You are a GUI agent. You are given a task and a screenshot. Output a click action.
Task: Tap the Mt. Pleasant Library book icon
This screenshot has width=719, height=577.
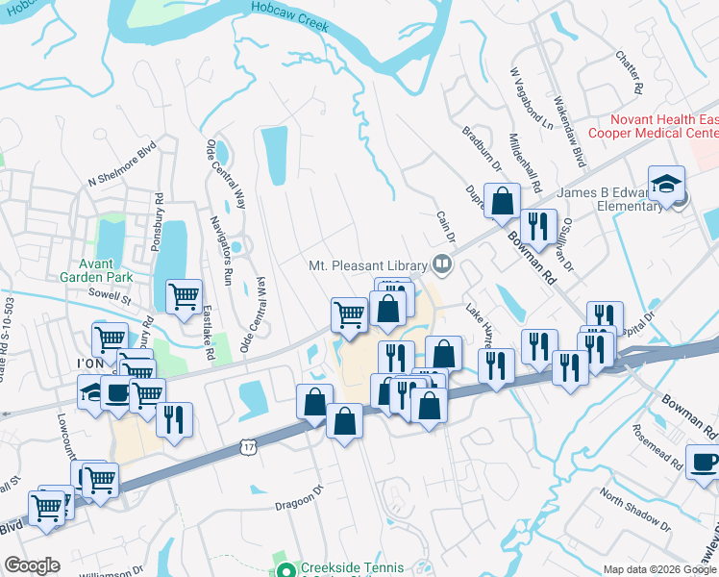(442, 262)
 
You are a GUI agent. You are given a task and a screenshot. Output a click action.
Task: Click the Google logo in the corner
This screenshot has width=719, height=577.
(32, 565)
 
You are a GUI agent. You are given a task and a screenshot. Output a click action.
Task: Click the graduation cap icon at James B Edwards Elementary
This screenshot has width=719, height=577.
(665, 184)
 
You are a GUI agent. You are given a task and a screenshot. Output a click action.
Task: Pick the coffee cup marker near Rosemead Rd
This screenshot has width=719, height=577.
(703, 460)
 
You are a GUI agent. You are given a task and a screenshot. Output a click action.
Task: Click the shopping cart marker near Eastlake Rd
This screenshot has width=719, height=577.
(183, 295)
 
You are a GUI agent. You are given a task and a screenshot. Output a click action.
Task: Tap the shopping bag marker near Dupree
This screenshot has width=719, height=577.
(502, 200)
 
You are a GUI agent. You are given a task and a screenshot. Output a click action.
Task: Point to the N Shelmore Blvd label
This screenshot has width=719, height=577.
(121, 165)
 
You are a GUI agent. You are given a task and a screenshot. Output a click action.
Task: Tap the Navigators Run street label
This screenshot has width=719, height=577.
(222, 250)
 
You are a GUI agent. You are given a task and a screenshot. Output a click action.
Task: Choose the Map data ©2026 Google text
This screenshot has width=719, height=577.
(659, 569)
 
